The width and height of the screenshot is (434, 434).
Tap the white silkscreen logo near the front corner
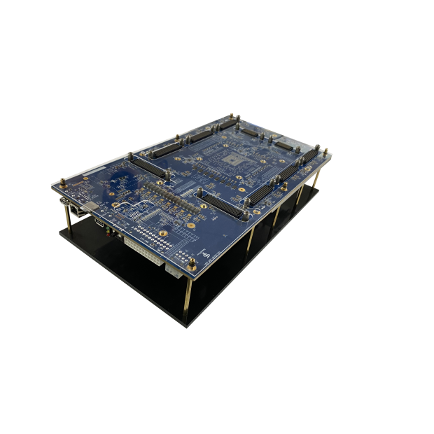click(x=205, y=253)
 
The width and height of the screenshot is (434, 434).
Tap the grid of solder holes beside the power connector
click(x=154, y=232)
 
